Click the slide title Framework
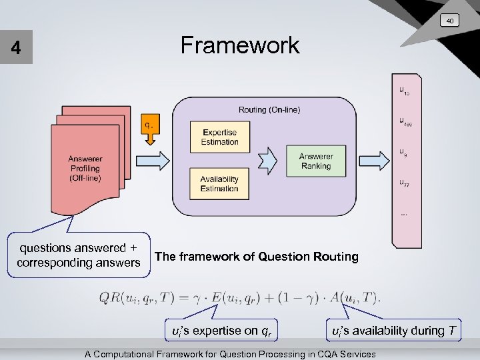tap(240, 46)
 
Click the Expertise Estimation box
tap(219, 137)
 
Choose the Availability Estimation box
tap(219, 184)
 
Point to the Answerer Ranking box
tap(315, 161)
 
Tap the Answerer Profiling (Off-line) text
tap(85, 169)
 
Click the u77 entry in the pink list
tap(405, 183)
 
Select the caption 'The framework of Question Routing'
tap(256, 257)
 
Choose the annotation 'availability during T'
tap(395, 331)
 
